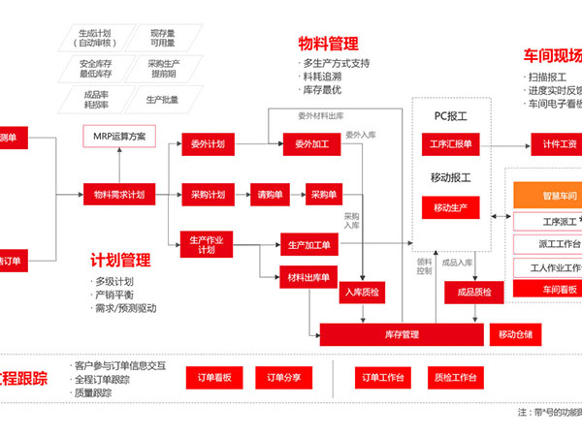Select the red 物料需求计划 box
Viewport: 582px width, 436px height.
(119, 194)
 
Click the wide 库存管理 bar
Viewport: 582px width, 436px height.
(402, 334)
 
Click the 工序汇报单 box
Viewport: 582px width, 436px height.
(451, 144)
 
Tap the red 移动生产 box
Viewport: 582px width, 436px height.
(451, 207)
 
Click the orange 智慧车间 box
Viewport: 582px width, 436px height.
(547, 197)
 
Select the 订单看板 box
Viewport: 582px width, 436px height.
(213, 377)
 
